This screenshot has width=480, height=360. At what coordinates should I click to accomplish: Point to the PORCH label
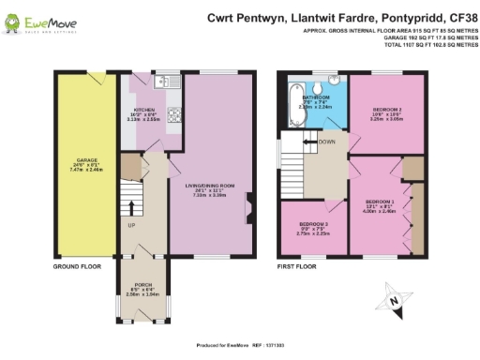[142, 286]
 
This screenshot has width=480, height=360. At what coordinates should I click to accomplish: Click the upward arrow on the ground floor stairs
[132, 205]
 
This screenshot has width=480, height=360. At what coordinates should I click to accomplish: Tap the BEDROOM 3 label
[312, 226]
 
